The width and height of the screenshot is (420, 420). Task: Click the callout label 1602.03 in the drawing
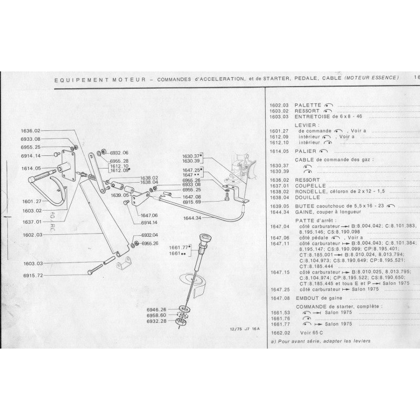pyautogui.click(x=31, y=236)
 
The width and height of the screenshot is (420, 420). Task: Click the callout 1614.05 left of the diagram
pyautogui.click(x=31, y=168)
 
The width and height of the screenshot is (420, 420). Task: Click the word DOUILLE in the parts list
pyautogui.click(x=308, y=197)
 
